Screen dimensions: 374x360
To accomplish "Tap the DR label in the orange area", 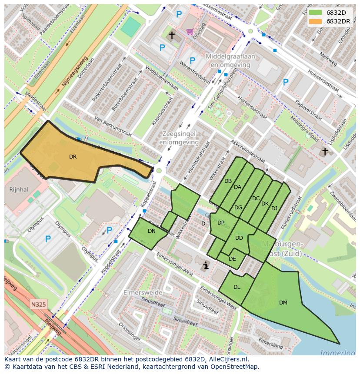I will click(x=73, y=157).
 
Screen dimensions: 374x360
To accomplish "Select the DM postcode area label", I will click(x=283, y=303).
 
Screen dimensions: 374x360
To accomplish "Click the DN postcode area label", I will click(x=151, y=231).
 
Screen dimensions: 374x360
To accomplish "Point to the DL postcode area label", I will click(x=237, y=287).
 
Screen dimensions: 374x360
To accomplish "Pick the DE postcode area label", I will click(x=232, y=259).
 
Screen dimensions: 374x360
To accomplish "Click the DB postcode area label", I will click(x=228, y=181).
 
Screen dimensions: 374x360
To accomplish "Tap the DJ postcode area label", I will click(x=274, y=209).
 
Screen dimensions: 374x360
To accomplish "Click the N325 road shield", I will click(x=39, y=304).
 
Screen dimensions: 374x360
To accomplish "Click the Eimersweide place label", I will click(x=143, y=292).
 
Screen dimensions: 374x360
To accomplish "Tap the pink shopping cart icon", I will click(x=190, y=31).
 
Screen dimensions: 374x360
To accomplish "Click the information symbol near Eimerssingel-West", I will click(x=206, y=265).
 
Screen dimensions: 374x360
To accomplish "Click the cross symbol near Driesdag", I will click(x=172, y=35).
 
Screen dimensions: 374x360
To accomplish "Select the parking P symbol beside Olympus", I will click(x=48, y=238).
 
